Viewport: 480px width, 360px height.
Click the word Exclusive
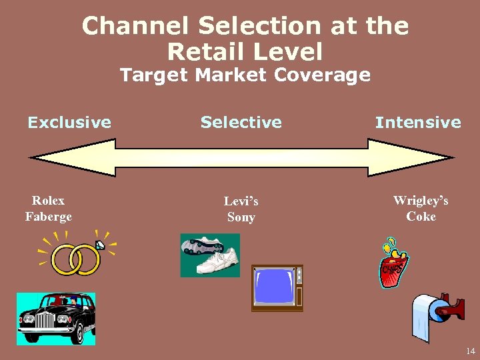coord(69,122)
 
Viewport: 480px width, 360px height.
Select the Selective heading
coord(241,122)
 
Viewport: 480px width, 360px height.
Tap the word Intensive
coord(418,122)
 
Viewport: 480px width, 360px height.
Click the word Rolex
coord(49,201)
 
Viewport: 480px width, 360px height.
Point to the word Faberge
coord(49,217)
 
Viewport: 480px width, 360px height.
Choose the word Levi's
coord(241,201)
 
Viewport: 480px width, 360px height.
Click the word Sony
coord(241,217)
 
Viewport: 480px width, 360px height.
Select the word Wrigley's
coord(421,201)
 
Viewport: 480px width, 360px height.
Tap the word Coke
coord(421,217)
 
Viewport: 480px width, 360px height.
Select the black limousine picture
coord(56,319)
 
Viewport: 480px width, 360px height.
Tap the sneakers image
coord(210,255)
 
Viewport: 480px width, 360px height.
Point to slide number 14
coord(470,351)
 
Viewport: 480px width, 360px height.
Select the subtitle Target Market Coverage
coord(245,75)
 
